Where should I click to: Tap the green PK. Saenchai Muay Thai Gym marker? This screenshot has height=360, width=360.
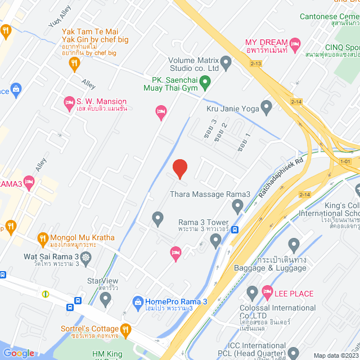click(205, 84)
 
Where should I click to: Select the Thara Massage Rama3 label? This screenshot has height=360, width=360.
click(210, 195)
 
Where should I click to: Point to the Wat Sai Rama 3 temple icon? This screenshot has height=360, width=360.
click(85, 258)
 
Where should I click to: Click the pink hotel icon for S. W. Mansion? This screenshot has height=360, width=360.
click(69, 102)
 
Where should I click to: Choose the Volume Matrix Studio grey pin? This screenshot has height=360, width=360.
click(226, 62)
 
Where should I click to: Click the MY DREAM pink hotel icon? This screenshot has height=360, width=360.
click(296, 43)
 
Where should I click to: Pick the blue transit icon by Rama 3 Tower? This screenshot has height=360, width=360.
click(235, 229)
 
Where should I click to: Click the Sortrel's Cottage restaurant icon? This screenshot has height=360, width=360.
click(126, 329)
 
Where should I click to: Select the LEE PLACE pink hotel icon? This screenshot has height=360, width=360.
click(268, 292)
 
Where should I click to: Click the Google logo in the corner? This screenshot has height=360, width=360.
click(19, 353)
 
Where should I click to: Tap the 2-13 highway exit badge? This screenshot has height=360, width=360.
click(256, 64)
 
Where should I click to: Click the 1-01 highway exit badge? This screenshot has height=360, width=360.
click(345, 162)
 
